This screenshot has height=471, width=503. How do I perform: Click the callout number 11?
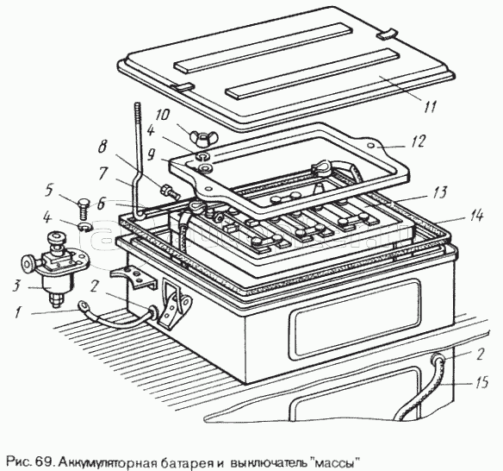429,106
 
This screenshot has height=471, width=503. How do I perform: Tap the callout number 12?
418,141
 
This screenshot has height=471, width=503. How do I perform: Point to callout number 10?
162,114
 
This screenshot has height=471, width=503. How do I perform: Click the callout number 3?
16,286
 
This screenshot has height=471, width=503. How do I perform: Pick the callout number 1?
17,311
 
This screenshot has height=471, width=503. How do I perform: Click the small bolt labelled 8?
168,192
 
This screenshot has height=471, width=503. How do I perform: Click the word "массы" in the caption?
335,463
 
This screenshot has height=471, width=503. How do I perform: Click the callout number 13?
439,192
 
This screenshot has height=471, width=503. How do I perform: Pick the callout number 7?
102,173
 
